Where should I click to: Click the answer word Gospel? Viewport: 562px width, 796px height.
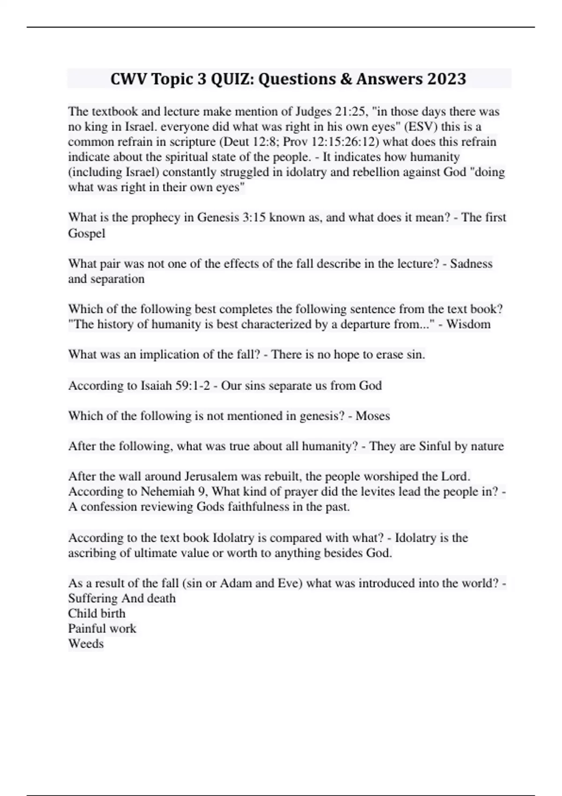[x=87, y=233]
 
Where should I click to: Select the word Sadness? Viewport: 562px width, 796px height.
[x=471, y=264]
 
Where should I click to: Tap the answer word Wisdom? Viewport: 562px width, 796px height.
[x=468, y=324]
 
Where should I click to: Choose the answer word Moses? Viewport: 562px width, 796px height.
[x=373, y=416]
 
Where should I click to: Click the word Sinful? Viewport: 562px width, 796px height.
[x=431, y=446]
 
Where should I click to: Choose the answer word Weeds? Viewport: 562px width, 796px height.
[x=86, y=643]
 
